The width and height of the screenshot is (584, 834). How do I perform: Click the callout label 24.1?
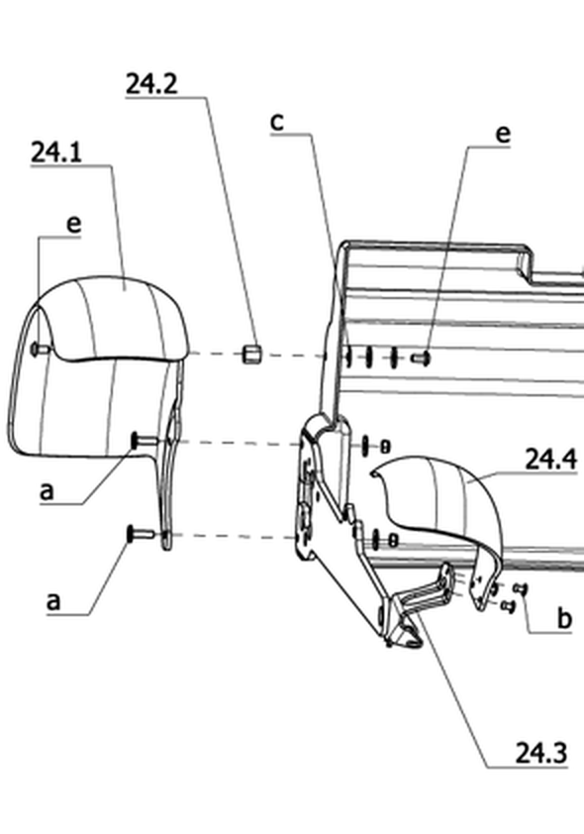point(56,154)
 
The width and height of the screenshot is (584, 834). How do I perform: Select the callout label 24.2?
point(151,84)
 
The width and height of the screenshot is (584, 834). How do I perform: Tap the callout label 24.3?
point(541,753)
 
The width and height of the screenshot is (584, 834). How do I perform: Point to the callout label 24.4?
point(550,459)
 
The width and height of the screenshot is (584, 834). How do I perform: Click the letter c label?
point(277,123)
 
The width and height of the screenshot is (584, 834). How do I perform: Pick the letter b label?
point(564,618)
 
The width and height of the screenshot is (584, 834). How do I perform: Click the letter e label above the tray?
point(503,135)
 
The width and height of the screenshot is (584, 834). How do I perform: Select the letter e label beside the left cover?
point(74,225)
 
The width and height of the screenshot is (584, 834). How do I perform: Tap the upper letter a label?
point(48,491)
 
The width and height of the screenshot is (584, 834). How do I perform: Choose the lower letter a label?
point(53,601)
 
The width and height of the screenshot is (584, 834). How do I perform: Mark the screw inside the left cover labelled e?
point(41,350)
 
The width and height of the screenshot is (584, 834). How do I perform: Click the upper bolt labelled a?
point(145,441)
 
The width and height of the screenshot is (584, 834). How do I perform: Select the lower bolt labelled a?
point(141,533)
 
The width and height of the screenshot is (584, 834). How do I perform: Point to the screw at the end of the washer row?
point(421,359)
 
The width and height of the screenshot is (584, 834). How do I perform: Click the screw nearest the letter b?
point(521,588)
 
